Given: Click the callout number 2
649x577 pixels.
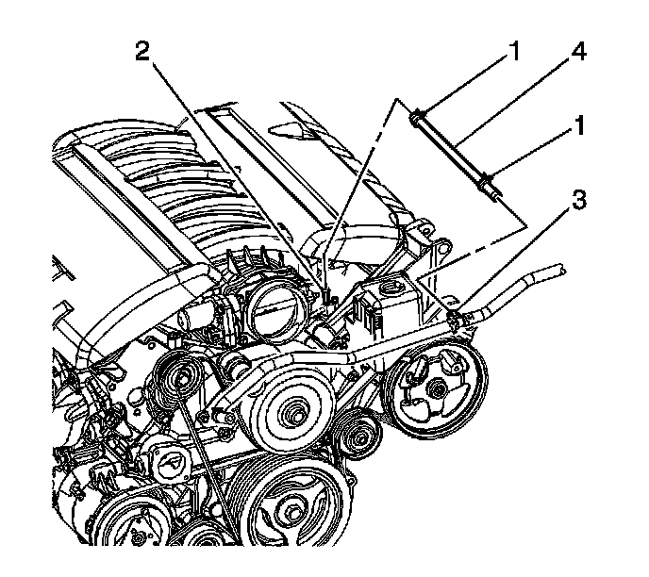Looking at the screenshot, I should tap(142, 52).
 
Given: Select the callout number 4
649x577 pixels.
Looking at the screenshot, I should tap(578, 53).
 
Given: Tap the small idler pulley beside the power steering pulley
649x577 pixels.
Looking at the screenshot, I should tap(357, 433).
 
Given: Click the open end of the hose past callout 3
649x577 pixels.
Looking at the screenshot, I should tap(560, 270).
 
